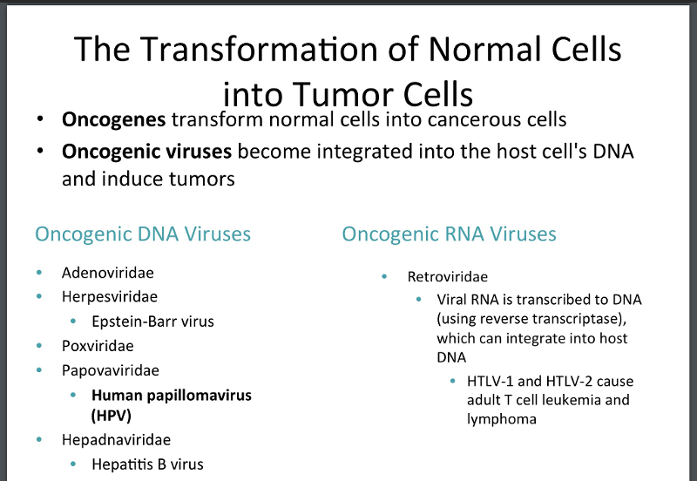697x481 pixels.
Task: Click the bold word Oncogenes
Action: (x=114, y=119)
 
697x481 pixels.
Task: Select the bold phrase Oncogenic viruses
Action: (x=146, y=152)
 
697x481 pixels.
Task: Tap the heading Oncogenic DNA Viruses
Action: (x=143, y=234)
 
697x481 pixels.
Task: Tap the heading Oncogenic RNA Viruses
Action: (x=449, y=234)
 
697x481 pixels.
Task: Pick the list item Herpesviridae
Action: (x=109, y=296)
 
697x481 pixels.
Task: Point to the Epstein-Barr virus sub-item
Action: (x=152, y=321)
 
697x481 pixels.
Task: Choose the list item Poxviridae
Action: (x=98, y=345)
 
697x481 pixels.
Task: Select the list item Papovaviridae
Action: (x=110, y=370)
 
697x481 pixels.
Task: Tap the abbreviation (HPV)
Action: (x=111, y=416)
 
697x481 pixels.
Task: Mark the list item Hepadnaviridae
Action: (x=116, y=439)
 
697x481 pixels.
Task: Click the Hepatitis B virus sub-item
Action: (x=147, y=464)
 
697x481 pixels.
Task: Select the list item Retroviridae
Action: (x=447, y=277)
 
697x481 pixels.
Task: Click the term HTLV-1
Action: (x=492, y=381)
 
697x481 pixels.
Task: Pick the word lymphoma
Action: (x=502, y=419)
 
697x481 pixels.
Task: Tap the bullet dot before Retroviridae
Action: (x=384, y=277)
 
